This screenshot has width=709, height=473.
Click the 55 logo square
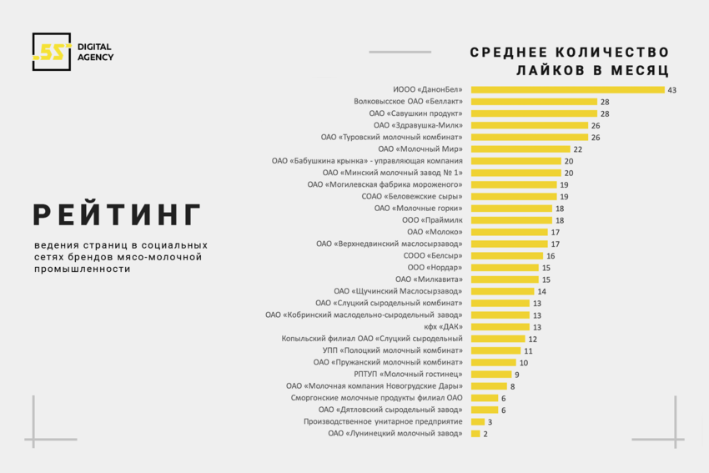51,52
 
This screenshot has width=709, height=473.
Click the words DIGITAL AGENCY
95,52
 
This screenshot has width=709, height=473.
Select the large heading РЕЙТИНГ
118,214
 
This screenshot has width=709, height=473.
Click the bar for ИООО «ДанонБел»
567,89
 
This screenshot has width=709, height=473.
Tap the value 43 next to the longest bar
671,89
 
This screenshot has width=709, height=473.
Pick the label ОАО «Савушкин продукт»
415,113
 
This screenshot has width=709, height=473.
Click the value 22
577,148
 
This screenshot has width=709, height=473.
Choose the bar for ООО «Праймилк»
510,220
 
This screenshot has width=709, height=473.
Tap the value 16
551,255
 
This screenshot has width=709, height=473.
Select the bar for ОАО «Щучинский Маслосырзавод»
502,291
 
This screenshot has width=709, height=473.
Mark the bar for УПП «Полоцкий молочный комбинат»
495,350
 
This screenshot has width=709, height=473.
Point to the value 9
517,375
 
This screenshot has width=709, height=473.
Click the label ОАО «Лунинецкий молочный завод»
395,434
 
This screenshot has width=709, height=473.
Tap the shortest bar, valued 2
475,434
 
